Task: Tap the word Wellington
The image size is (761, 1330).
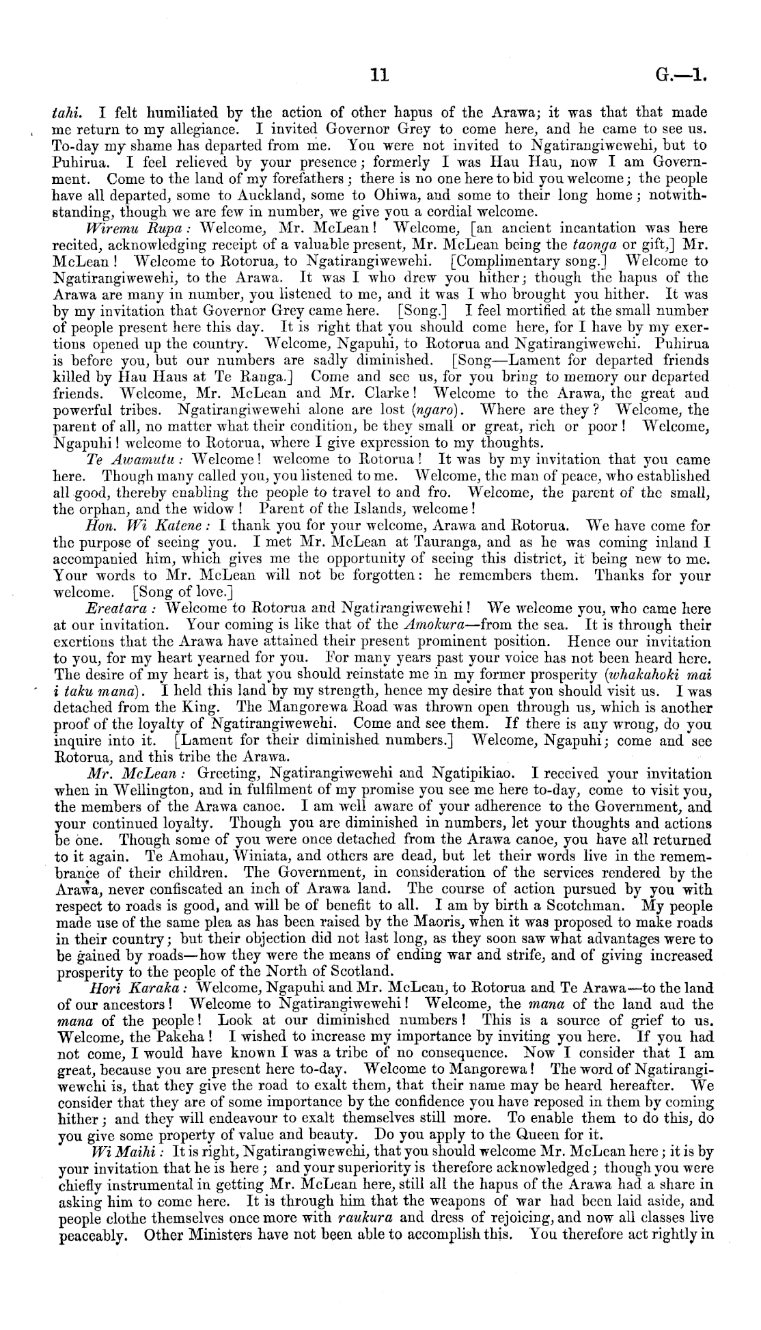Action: pos(134,791)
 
